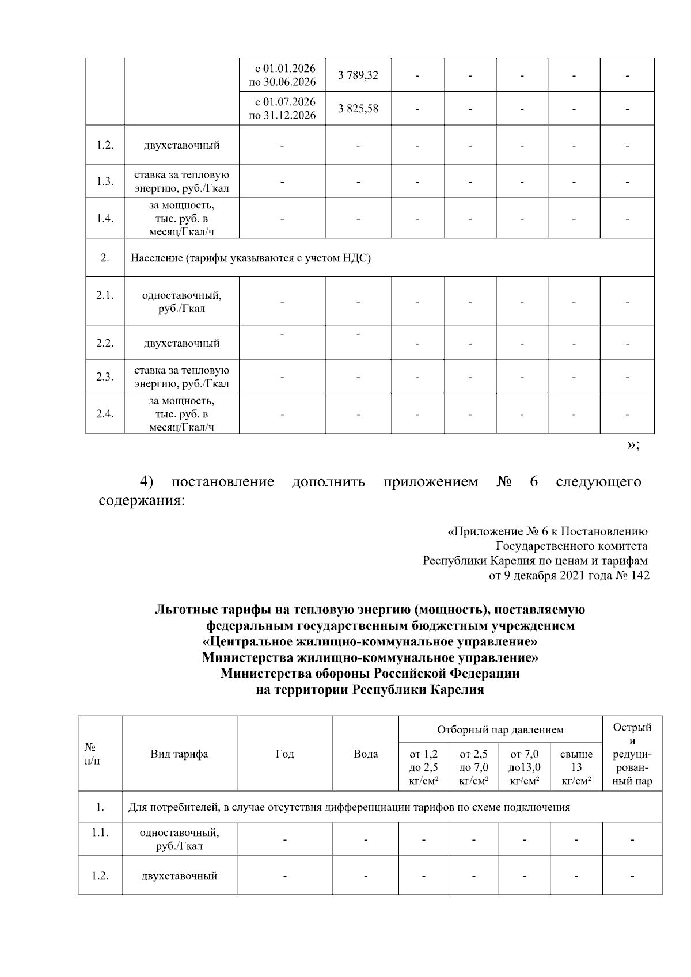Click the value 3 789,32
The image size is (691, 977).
point(358,75)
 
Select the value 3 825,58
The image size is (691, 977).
point(358,108)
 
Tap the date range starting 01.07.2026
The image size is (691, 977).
point(282,108)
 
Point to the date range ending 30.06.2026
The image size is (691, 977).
point(282,75)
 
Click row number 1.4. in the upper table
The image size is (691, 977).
point(105,218)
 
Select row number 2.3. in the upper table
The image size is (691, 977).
point(105,377)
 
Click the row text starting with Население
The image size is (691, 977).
point(250,258)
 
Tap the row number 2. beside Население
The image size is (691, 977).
point(105,258)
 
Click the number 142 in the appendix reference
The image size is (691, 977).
point(640,575)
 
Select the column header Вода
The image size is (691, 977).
point(366,754)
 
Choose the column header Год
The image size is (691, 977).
point(285,754)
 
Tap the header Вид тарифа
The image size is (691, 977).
point(179,754)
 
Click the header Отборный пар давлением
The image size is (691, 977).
point(500,730)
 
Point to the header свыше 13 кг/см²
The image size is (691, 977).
point(576,767)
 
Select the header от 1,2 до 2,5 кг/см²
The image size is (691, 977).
point(423,767)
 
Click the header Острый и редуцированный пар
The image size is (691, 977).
point(632,754)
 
